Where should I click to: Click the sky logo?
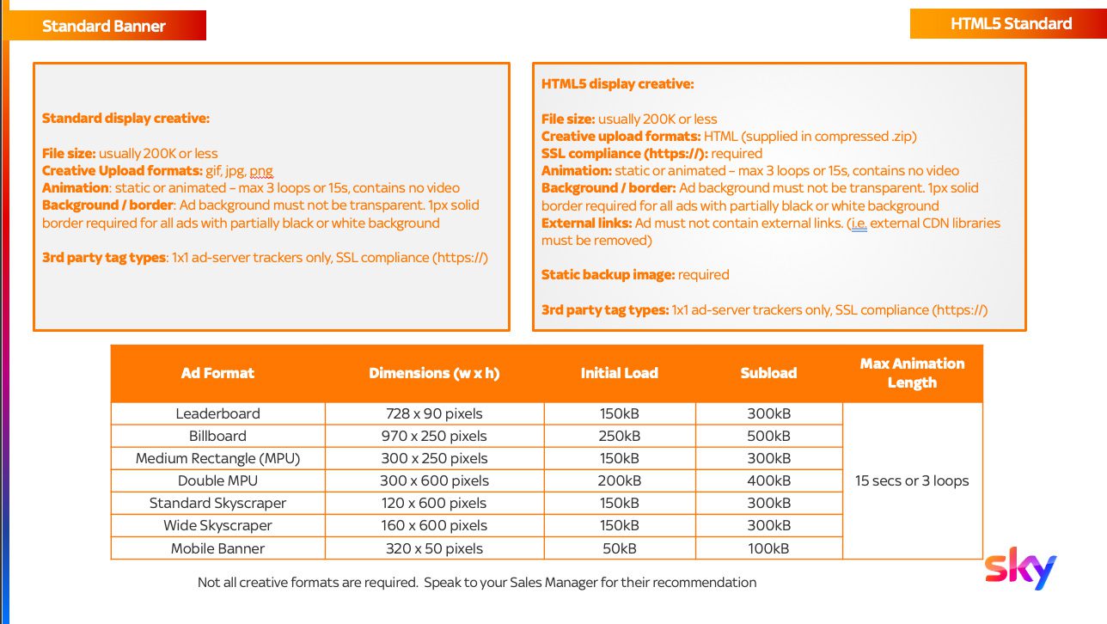pos(1020,571)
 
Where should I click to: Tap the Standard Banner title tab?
pos(104,26)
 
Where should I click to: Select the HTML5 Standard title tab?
pos(1011,24)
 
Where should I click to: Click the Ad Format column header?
pos(217,373)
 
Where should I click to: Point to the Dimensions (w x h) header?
pos(434,373)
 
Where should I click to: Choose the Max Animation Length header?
pos(912,373)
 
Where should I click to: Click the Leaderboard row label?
pos(217,413)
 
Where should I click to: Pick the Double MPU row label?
pos(217,480)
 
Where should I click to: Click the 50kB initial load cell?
pos(619,548)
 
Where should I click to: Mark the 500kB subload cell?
pos(768,436)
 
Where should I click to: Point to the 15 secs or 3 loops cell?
pos(912,480)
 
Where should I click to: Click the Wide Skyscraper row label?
pos(217,525)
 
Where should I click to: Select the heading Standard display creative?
pos(125,119)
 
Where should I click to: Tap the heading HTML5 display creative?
pos(617,84)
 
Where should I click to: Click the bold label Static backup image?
pos(609,275)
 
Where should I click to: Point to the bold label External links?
pos(586,223)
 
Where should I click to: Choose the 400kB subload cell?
pos(768,480)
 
